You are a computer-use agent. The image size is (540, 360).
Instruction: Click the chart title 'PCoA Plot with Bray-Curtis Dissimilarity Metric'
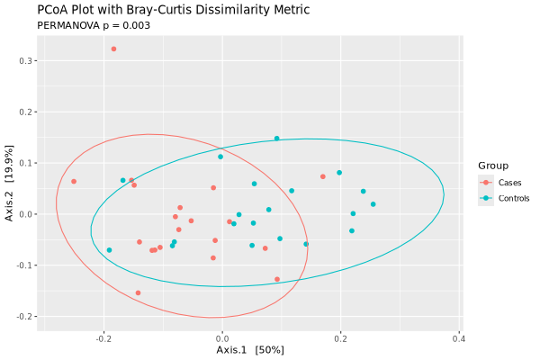[x=173, y=10]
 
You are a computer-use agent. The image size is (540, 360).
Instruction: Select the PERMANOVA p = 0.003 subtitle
[x=93, y=25]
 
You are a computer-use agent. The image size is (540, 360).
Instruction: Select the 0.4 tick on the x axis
[x=459, y=338]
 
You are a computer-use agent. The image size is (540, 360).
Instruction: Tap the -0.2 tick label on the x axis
[x=104, y=338]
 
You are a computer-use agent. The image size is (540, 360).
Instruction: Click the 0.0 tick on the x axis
[x=223, y=338]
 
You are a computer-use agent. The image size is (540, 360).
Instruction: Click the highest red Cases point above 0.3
[x=113, y=49]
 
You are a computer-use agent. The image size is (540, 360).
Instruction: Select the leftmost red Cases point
[x=74, y=182]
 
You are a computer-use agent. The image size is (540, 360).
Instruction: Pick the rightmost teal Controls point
[x=373, y=204]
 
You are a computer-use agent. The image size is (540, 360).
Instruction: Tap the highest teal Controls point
[x=276, y=139]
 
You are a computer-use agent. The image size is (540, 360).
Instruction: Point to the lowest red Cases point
[x=138, y=292]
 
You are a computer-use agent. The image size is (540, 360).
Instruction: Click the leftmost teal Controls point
[x=109, y=250]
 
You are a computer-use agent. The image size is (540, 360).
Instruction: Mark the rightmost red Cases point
[x=323, y=176]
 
